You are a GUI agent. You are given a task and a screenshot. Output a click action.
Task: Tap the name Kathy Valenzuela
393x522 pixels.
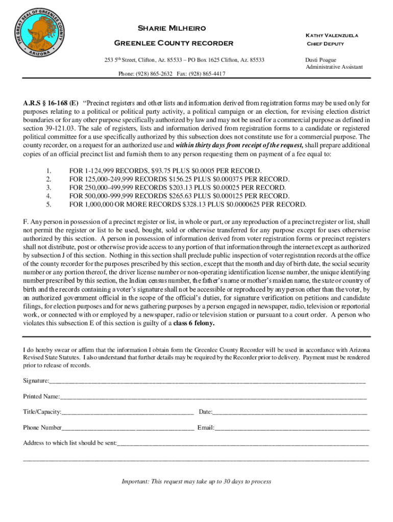click(331, 35)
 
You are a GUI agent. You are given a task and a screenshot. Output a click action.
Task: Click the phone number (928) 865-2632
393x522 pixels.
click(153, 73)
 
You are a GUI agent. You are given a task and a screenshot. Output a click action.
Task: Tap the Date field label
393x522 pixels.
click(205, 412)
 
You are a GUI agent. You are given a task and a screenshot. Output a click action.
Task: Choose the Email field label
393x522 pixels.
click(206, 428)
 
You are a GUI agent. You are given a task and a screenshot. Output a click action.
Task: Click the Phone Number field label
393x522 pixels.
click(42, 428)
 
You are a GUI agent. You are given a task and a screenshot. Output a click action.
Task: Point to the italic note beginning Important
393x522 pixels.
click(196, 481)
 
